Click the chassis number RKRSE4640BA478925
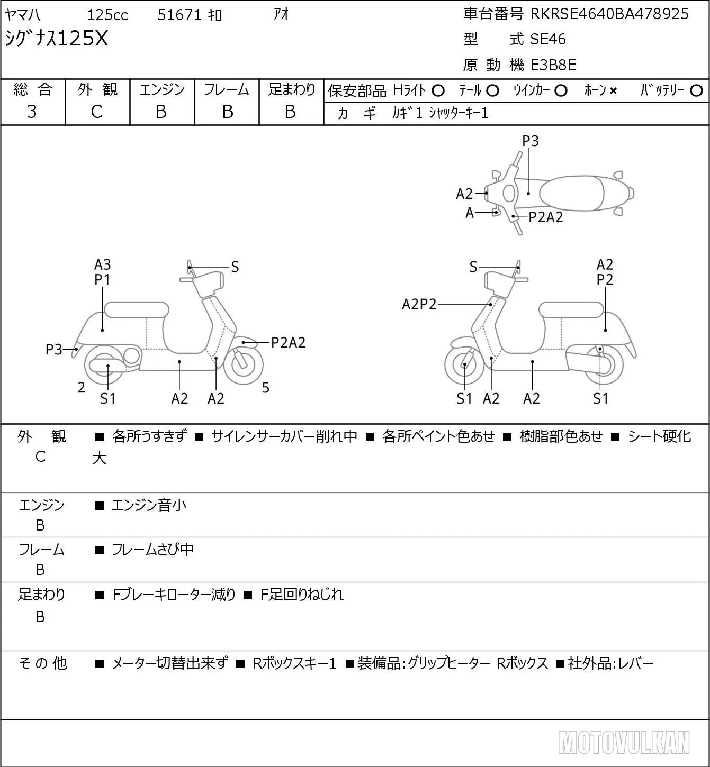coord(609,14)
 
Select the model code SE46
coord(548,39)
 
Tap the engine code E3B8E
coord(553,65)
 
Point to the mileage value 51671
coord(179,15)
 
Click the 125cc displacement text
coord(107,15)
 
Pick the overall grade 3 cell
coord(32,112)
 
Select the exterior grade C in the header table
coord(96,112)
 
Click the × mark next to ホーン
coord(613,91)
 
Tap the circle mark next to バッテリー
coord(696,91)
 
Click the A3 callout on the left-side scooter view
coord(103,264)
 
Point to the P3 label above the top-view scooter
coord(530,141)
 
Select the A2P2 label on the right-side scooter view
coord(419,304)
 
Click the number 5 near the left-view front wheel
coord(265,387)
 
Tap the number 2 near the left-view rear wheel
coord(81,387)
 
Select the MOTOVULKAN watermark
coord(624,742)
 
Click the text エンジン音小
coord(149,505)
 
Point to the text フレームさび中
coord(152,550)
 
